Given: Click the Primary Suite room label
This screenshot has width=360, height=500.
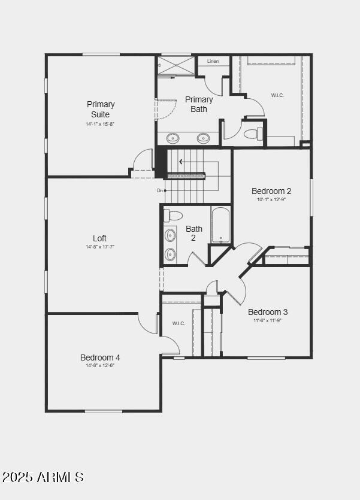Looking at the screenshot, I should point(100,109).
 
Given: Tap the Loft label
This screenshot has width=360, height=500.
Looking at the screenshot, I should point(100,238).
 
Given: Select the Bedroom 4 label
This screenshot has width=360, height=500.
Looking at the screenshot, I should point(100,357).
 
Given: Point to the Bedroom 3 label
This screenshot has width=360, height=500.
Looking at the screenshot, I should point(268,312).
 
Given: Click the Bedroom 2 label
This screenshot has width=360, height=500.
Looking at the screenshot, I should point(271,191).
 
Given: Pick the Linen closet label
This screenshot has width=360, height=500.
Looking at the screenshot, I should point(213,61).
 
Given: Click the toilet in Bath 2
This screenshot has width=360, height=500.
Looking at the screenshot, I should point(174,216).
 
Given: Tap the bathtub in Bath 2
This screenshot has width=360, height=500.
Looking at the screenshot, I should point(220,225).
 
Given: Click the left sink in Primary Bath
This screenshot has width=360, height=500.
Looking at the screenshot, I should point(173,138).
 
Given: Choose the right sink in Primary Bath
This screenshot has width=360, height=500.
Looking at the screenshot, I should point(203,138).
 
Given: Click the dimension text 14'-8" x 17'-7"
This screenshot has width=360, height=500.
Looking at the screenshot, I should point(100,247).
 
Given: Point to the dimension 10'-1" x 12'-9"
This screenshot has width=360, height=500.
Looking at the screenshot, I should point(271,199).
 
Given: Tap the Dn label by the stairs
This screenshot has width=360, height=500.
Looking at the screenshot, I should point(161,190).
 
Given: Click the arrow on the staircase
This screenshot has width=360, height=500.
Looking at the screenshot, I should point(181,161).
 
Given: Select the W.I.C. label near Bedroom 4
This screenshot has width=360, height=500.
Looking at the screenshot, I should point(179,323).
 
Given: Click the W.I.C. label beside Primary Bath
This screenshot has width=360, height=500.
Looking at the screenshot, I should point(277,95).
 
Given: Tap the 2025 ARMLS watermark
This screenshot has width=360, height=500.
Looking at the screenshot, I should point(43,477).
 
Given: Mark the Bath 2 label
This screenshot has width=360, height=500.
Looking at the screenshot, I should point(194,233).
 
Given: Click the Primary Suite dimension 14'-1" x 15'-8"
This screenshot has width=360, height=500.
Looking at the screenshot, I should point(100,124).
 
